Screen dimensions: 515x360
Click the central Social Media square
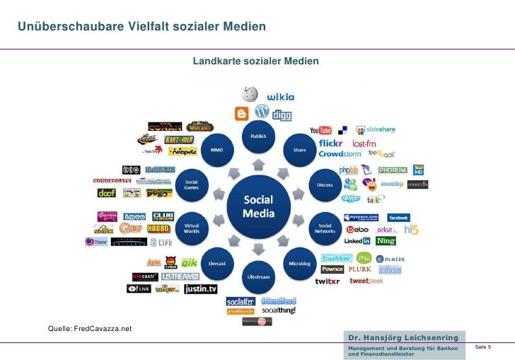click(x=257, y=205)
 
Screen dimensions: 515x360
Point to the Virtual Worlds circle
click(x=192, y=227)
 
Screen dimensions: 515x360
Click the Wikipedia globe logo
click(x=249, y=94)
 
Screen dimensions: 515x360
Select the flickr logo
click(x=331, y=143)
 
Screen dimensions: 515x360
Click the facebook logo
click(x=398, y=217)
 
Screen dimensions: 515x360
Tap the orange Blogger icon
click(x=242, y=113)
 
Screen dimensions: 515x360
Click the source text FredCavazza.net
click(x=103, y=329)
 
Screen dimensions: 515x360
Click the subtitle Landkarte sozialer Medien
click(x=255, y=62)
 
